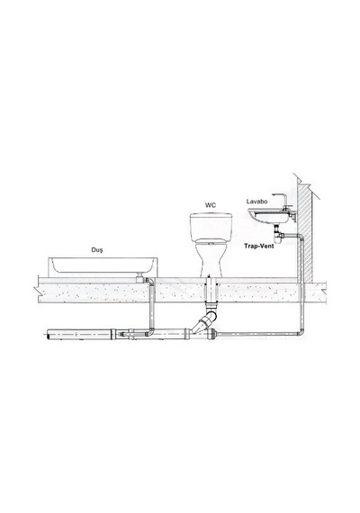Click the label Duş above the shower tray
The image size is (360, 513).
(97, 250)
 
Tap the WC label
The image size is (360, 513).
(211, 205)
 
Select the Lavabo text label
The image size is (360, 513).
(256, 202)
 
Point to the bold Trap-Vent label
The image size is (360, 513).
(259, 246)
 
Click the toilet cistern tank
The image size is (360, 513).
(211, 228)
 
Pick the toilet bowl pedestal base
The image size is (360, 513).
(211, 262)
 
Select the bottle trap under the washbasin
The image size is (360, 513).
(278, 236)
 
